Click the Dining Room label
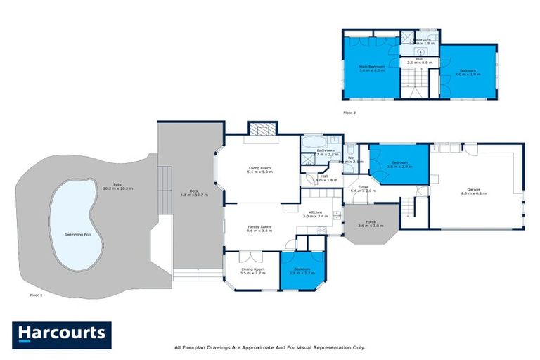pos(252,269)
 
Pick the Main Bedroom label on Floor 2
pos(372,66)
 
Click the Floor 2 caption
pos(349,112)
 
